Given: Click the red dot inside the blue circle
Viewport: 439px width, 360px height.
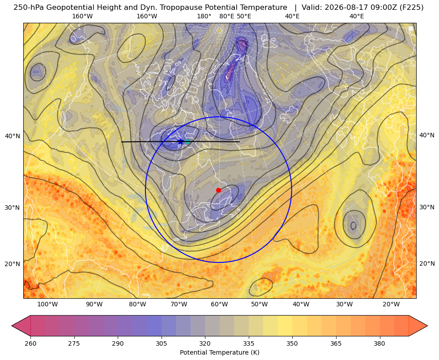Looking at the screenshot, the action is click(x=218, y=190).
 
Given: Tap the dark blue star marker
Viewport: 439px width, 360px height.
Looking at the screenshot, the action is click(x=181, y=141).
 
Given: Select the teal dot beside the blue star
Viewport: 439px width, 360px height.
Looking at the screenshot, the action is click(x=188, y=142).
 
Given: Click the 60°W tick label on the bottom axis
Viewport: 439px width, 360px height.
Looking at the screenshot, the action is click(x=219, y=305).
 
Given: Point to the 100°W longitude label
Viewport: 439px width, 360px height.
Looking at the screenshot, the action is click(x=47, y=305).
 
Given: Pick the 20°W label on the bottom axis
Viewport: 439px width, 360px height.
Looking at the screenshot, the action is click(x=391, y=305).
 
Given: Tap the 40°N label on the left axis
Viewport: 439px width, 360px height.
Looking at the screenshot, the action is click(x=13, y=136).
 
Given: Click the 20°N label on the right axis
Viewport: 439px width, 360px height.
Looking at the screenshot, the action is click(x=427, y=263).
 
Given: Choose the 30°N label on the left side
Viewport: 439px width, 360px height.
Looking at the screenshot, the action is click(x=13, y=208).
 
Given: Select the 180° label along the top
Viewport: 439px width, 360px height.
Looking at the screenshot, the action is click(x=204, y=16).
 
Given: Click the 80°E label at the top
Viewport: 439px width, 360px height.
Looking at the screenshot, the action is click(x=226, y=16).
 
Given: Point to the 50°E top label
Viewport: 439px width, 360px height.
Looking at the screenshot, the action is click(x=244, y=16).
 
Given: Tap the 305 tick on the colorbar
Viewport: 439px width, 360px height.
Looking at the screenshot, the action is click(x=161, y=343).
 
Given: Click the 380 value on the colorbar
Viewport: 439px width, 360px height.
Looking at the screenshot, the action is click(x=379, y=343).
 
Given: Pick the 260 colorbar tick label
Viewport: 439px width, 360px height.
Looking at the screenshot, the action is click(x=30, y=343).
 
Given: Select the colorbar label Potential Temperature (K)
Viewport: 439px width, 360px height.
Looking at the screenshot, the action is click(x=219, y=352).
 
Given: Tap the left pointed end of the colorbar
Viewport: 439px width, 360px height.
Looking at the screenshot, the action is click(x=12, y=326).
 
